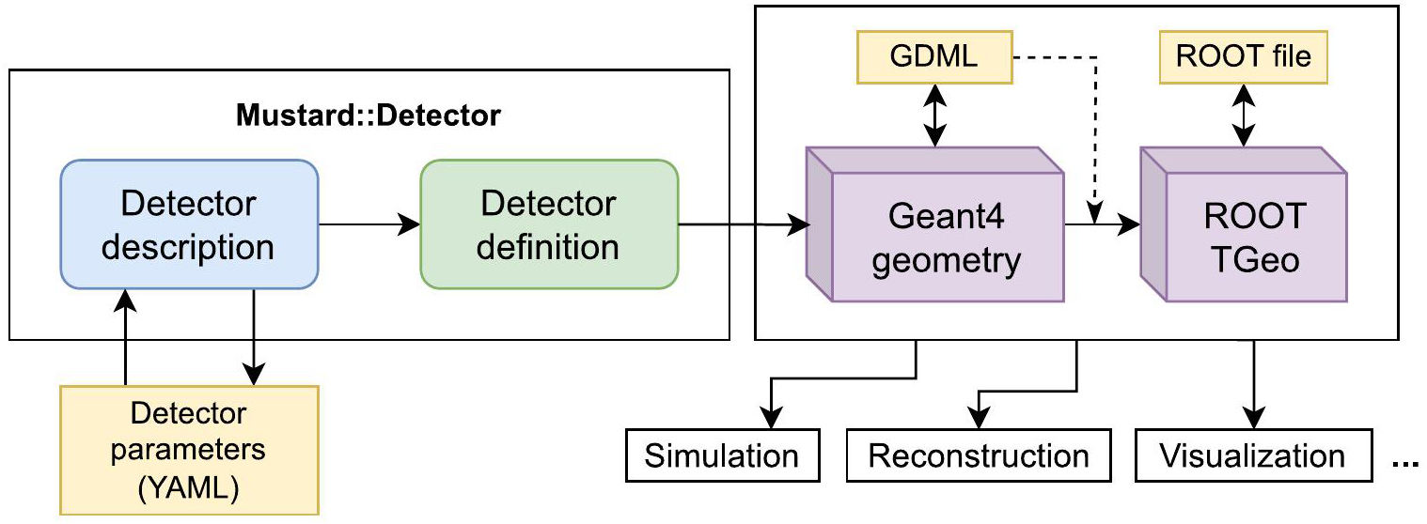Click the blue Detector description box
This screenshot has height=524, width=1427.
[189, 224]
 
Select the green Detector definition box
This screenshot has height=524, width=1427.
[548, 224]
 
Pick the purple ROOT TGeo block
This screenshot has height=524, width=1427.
[1250, 234]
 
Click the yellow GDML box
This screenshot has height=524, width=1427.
[933, 56]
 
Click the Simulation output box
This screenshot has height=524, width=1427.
[721, 456]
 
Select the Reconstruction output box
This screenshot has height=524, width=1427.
[978, 456]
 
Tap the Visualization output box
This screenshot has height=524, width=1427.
[1252, 456]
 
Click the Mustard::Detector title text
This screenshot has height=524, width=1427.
[369, 117]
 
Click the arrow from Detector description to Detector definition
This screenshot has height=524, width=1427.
[369, 224]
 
